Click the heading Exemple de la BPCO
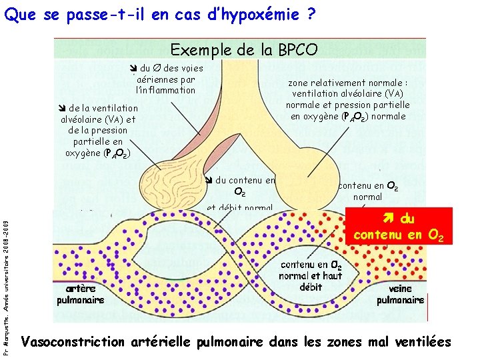(244, 49)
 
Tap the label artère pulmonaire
(85, 294)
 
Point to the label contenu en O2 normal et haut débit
(311, 275)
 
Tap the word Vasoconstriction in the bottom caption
(73, 343)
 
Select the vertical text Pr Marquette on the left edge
(7, 280)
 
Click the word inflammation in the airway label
(166, 90)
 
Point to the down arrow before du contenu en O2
(208, 179)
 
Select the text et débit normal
(239, 208)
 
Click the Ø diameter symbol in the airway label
(157, 68)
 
